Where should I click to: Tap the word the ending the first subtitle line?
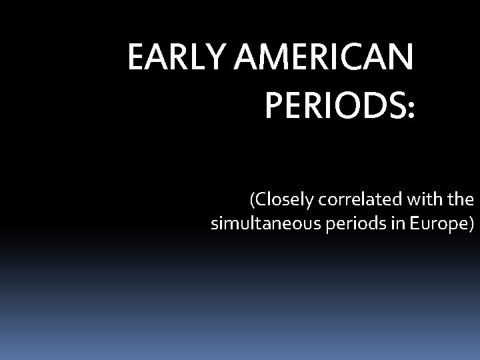[459, 199]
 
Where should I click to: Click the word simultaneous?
[267, 224]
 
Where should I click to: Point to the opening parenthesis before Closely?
[253, 200]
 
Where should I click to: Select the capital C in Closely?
[261, 199]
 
